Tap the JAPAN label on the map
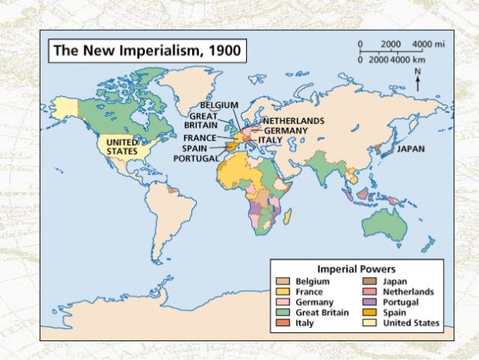[411, 149]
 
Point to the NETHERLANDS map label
[294, 120]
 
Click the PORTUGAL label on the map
[196, 159]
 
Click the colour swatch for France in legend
[283, 292]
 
